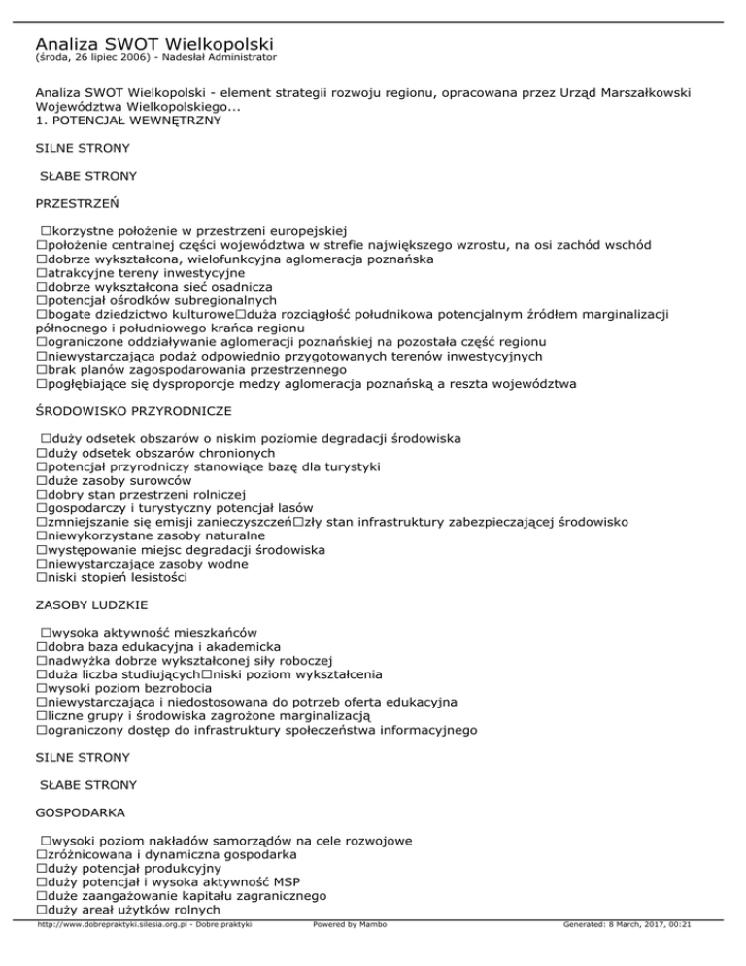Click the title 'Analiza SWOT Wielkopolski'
point(153,44)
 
